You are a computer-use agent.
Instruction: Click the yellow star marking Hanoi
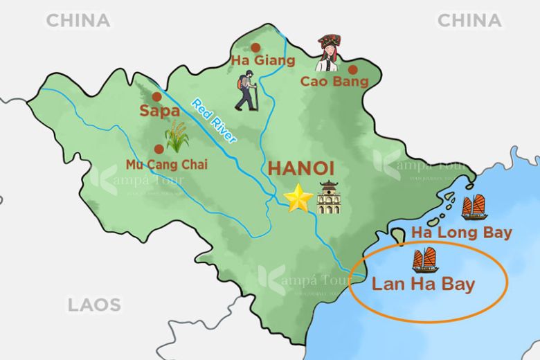click(298, 199)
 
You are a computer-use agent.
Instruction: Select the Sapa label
click(155, 111)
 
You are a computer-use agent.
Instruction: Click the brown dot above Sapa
click(156, 97)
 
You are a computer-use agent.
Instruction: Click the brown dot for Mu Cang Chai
click(159, 147)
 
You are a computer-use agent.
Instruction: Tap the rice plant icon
click(177, 136)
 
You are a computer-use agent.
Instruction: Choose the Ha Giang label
click(262, 61)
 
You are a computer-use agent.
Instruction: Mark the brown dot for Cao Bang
click(352, 69)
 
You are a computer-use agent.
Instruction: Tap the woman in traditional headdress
click(329, 53)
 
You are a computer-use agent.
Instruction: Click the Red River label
click(214, 120)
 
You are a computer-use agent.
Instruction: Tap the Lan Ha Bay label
click(423, 284)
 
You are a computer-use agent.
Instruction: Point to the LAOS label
click(94, 304)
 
